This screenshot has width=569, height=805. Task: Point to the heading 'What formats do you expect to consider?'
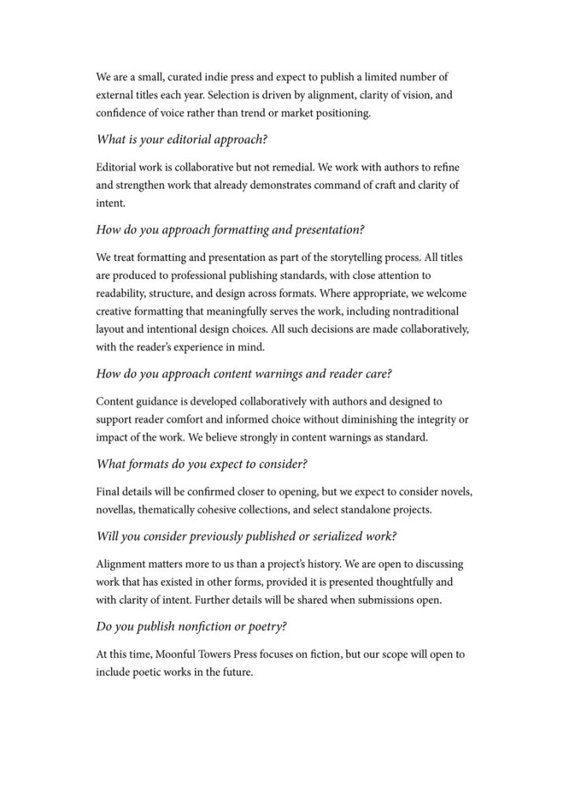(x=201, y=464)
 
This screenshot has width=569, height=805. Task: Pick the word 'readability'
(x=124, y=293)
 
